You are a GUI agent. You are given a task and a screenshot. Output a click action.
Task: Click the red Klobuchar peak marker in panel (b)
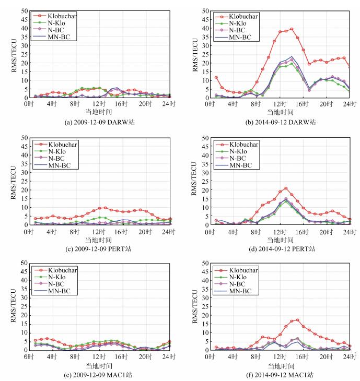pos(292,29)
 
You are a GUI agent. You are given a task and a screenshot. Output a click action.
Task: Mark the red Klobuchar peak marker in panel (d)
pos(286,188)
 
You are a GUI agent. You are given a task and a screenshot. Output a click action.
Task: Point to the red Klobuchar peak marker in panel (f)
pos(297,320)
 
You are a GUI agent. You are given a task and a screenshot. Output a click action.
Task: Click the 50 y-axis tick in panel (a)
pos(24,10)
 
